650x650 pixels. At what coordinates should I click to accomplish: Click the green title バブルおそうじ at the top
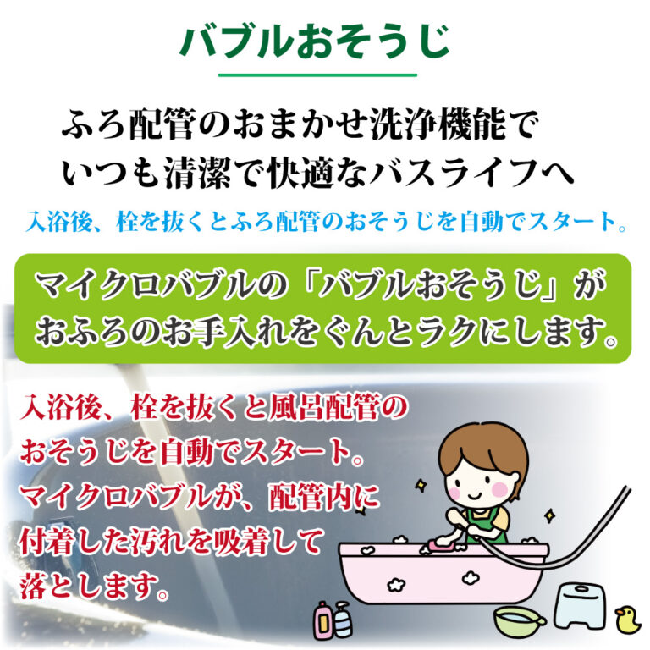(x=315, y=41)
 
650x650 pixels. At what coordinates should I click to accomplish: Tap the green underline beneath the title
(x=317, y=75)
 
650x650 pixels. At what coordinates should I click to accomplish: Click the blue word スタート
(x=572, y=221)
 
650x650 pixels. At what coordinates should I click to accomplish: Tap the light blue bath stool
(x=581, y=606)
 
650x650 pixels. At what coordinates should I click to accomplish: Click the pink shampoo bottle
(x=322, y=620)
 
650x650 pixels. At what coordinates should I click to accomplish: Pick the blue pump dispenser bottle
(x=342, y=620)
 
